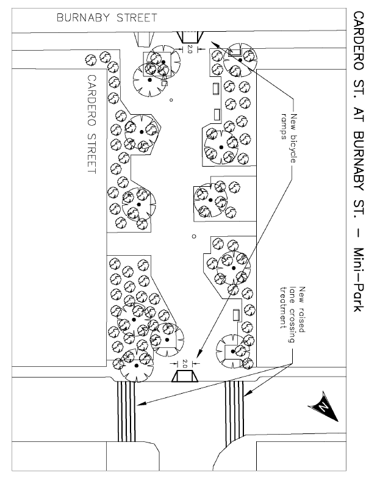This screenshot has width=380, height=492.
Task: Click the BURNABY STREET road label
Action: tap(107, 18)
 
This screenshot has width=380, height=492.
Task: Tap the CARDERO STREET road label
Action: tap(93, 125)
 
